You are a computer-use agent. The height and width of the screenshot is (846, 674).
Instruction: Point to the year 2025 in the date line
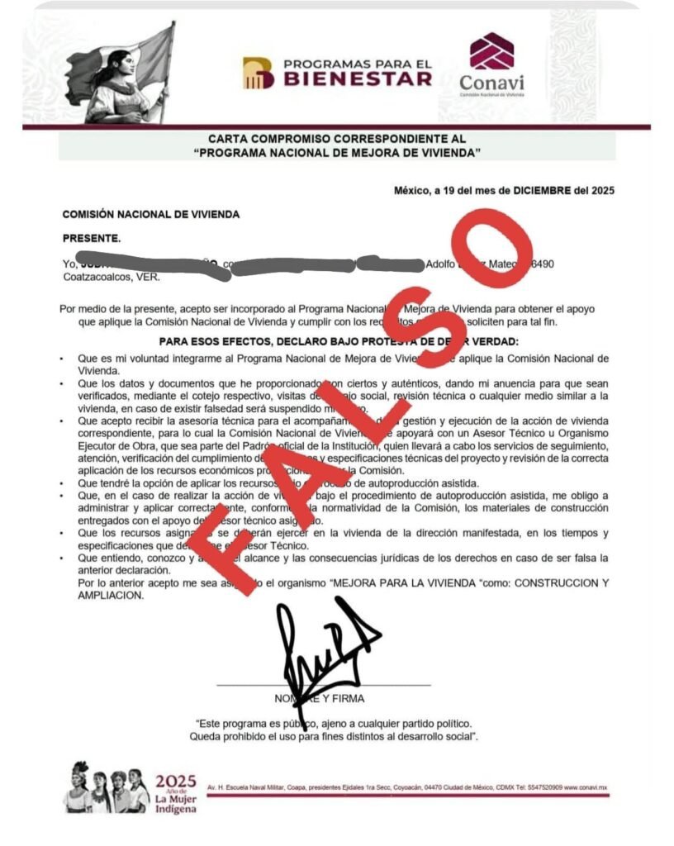pos(600,190)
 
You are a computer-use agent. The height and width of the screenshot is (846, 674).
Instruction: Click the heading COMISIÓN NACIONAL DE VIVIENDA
pos(151,215)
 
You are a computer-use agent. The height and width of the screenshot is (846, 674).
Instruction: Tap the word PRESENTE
pos(91,239)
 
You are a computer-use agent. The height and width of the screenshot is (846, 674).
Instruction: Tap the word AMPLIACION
pos(93,595)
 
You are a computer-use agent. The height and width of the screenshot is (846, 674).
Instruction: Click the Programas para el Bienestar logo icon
pos(258,73)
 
